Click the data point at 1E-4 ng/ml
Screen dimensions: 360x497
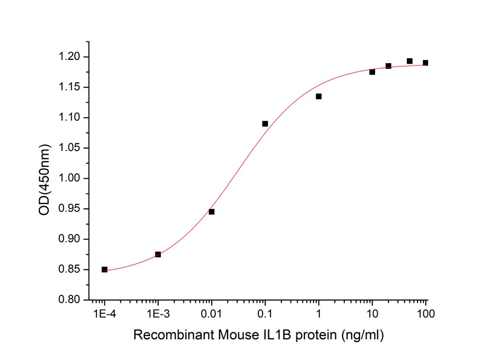tap(104, 269)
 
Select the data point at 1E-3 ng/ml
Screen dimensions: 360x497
tap(158, 254)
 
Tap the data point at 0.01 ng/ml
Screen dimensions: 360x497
tap(212, 212)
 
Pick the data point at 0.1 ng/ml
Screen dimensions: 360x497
tap(265, 124)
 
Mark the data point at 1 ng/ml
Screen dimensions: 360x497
tap(319, 96)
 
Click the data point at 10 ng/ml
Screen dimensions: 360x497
tap(372, 72)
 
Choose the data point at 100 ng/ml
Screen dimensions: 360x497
tap(425, 63)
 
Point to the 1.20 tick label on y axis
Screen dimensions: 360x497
tap(71, 57)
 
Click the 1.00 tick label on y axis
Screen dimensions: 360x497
tap(71, 179)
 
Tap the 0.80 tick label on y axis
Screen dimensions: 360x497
tap(71, 300)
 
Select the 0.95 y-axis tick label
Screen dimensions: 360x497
tap(71, 209)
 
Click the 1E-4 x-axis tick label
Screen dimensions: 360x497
tap(104, 314)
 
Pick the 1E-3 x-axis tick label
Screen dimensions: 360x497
tap(158, 314)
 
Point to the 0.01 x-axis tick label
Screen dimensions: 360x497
tap(212, 314)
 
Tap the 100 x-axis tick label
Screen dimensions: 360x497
tap(425, 314)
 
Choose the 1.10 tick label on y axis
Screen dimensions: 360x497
tap(71, 118)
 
